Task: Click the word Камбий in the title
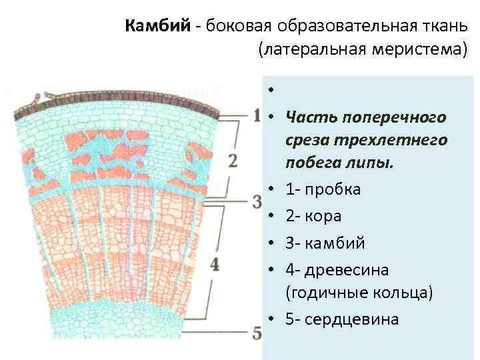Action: (x=157, y=26)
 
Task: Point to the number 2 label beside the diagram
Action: (x=233, y=161)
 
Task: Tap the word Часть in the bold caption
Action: (x=309, y=117)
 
